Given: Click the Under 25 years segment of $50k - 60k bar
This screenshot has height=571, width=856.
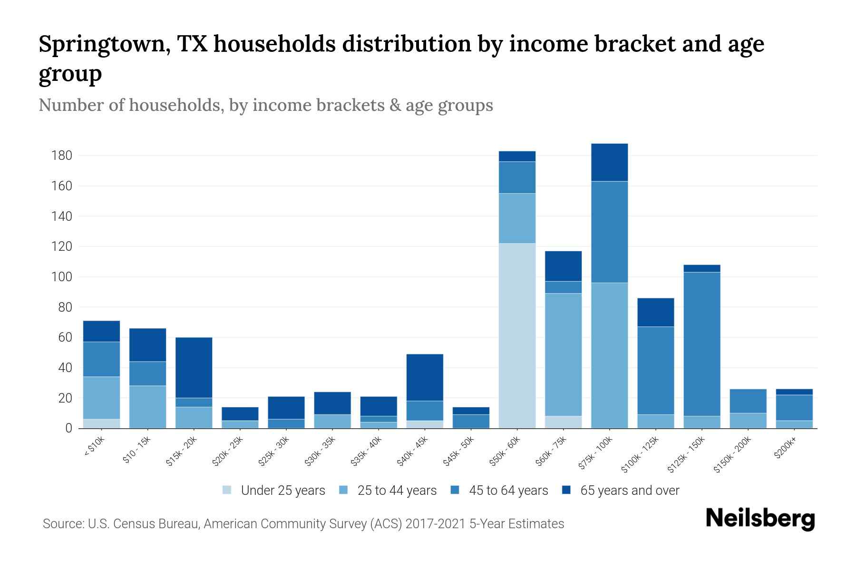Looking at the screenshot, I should pos(517,335).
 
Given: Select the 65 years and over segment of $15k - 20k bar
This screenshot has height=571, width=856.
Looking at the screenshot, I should pos(194,367).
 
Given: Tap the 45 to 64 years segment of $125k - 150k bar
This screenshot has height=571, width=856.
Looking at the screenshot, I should pos(702,344).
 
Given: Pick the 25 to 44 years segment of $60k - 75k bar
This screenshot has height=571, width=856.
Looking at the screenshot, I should pos(563,354).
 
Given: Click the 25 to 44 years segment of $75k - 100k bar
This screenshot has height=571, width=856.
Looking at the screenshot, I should pos(609,355).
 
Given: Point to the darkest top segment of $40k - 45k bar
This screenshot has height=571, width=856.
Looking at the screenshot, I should pos(425,377).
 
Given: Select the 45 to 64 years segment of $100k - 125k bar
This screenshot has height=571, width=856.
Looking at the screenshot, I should pos(656,370).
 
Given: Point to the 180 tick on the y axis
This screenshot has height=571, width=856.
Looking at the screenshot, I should pos(61,156).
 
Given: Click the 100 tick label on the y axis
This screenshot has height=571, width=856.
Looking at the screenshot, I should pos(61,277).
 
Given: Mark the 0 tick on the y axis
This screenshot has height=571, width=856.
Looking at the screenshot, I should pos(68,428).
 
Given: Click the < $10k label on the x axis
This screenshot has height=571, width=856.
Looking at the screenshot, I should pos(94,447).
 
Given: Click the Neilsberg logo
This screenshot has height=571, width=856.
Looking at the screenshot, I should pos(760,519).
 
